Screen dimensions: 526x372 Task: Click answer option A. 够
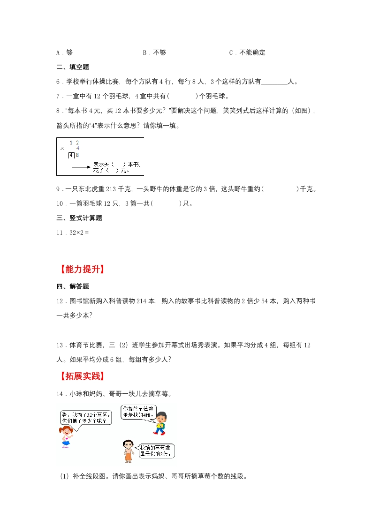pyautogui.click(x=64, y=53)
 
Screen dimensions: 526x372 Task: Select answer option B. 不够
pyautogui.click(x=154, y=53)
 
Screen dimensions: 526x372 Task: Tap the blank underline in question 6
pyautogui.click(x=273, y=82)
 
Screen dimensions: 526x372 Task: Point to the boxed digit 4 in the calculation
pyautogui.click(x=71, y=155)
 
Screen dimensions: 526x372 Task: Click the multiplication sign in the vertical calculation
pyautogui.click(x=62, y=148)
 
